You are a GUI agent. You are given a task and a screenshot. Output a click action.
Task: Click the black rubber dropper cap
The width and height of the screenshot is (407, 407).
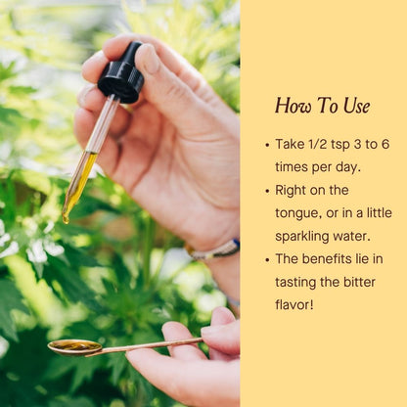tap(121, 73)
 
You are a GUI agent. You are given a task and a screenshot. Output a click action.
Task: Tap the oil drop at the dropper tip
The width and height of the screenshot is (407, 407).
tap(66, 218)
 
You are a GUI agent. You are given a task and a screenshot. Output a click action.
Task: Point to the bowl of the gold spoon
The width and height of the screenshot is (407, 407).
tap(74, 347)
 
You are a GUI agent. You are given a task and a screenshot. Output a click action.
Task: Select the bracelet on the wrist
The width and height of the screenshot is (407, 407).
tap(213, 250)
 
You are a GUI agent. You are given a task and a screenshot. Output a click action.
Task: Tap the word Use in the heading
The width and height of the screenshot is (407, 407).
tap(356, 106)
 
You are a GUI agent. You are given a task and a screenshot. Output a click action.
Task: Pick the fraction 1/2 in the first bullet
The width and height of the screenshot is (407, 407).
tap(312, 144)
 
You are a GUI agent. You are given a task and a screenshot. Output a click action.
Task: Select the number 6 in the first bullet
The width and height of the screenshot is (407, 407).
tap(385, 144)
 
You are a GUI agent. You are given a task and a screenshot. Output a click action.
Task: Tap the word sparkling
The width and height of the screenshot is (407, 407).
tap(302, 237)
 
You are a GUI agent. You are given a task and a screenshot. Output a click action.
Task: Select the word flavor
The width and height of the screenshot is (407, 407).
tap(294, 305)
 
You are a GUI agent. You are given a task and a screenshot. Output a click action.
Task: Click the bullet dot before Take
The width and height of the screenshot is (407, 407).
tap(267, 145)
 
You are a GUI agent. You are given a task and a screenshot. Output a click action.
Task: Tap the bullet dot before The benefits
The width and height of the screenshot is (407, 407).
tap(267, 260)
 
